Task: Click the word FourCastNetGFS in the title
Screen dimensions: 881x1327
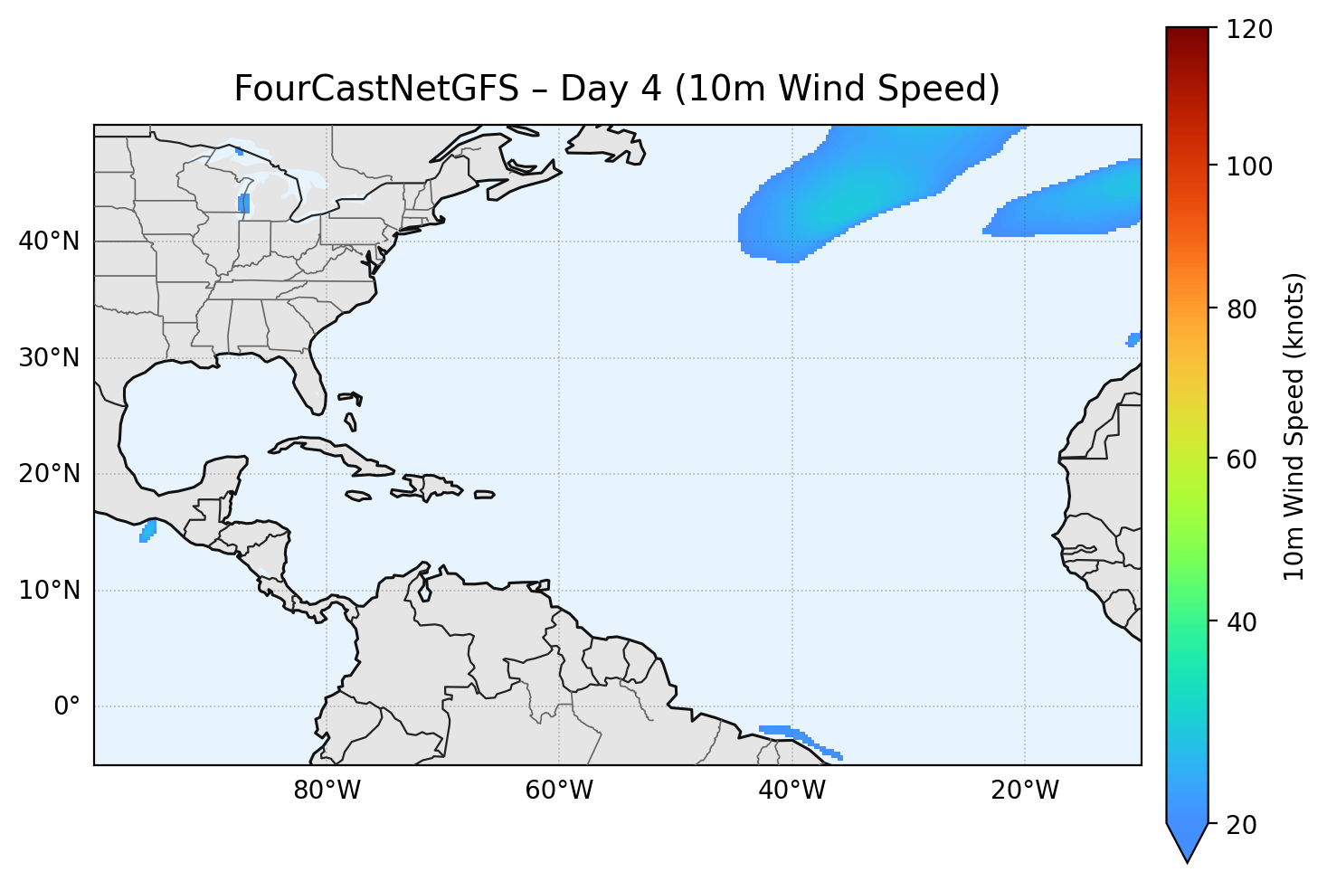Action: [376, 89]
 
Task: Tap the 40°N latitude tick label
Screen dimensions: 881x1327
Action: [49, 242]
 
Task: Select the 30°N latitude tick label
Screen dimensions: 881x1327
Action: [49, 358]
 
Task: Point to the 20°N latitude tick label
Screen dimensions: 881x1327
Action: [49, 474]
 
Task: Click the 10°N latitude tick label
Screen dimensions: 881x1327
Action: [49, 591]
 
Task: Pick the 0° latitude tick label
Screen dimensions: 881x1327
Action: [67, 706]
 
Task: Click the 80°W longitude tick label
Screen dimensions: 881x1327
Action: [327, 791]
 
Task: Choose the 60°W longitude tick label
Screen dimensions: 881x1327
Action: [559, 791]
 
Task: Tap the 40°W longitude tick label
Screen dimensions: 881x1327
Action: [791, 791]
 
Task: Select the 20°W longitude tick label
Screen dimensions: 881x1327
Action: [1024, 791]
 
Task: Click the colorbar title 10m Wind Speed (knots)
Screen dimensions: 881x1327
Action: [1294, 426]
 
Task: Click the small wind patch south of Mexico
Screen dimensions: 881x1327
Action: [147, 532]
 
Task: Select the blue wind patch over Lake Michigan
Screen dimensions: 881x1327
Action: [243, 204]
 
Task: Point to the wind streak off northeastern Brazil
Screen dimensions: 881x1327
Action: [801, 738]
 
